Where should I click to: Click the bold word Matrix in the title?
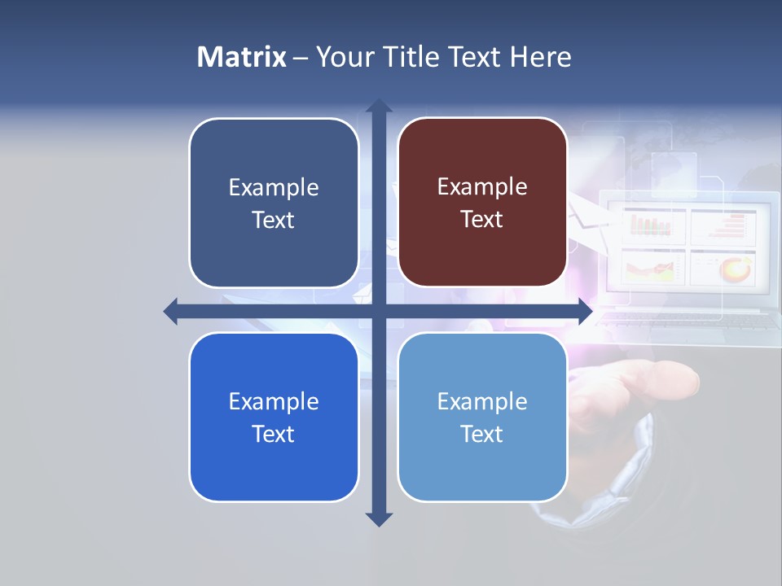(x=241, y=57)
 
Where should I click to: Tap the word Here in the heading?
(x=540, y=57)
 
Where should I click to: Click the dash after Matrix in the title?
(x=301, y=58)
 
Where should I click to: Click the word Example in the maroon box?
(x=482, y=187)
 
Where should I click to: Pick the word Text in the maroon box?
(x=482, y=220)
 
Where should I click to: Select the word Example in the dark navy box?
(x=274, y=188)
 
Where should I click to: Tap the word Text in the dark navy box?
(x=274, y=221)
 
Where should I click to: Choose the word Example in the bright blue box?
(x=274, y=402)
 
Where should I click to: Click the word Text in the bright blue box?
(x=274, y=435)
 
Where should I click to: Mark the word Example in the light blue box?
(x=482, y=402)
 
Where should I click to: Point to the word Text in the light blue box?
(x=482, y=435)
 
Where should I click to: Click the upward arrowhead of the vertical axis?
(x=379, y=107)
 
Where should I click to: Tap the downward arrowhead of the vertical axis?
(x=379, y=519)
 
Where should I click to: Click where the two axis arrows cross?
(x=379, y=312)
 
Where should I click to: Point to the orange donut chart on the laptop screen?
(x=738, y=268)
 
